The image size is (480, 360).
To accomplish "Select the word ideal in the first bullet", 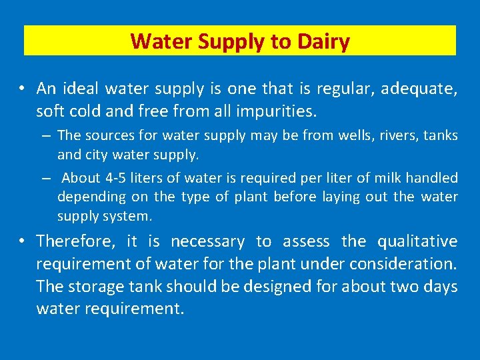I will [x=79, y=88].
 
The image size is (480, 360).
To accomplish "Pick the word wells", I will [x=358, y=135].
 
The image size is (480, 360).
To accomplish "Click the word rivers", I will [x=399, y=135].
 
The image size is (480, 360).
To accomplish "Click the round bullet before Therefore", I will [x=23, y=241].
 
